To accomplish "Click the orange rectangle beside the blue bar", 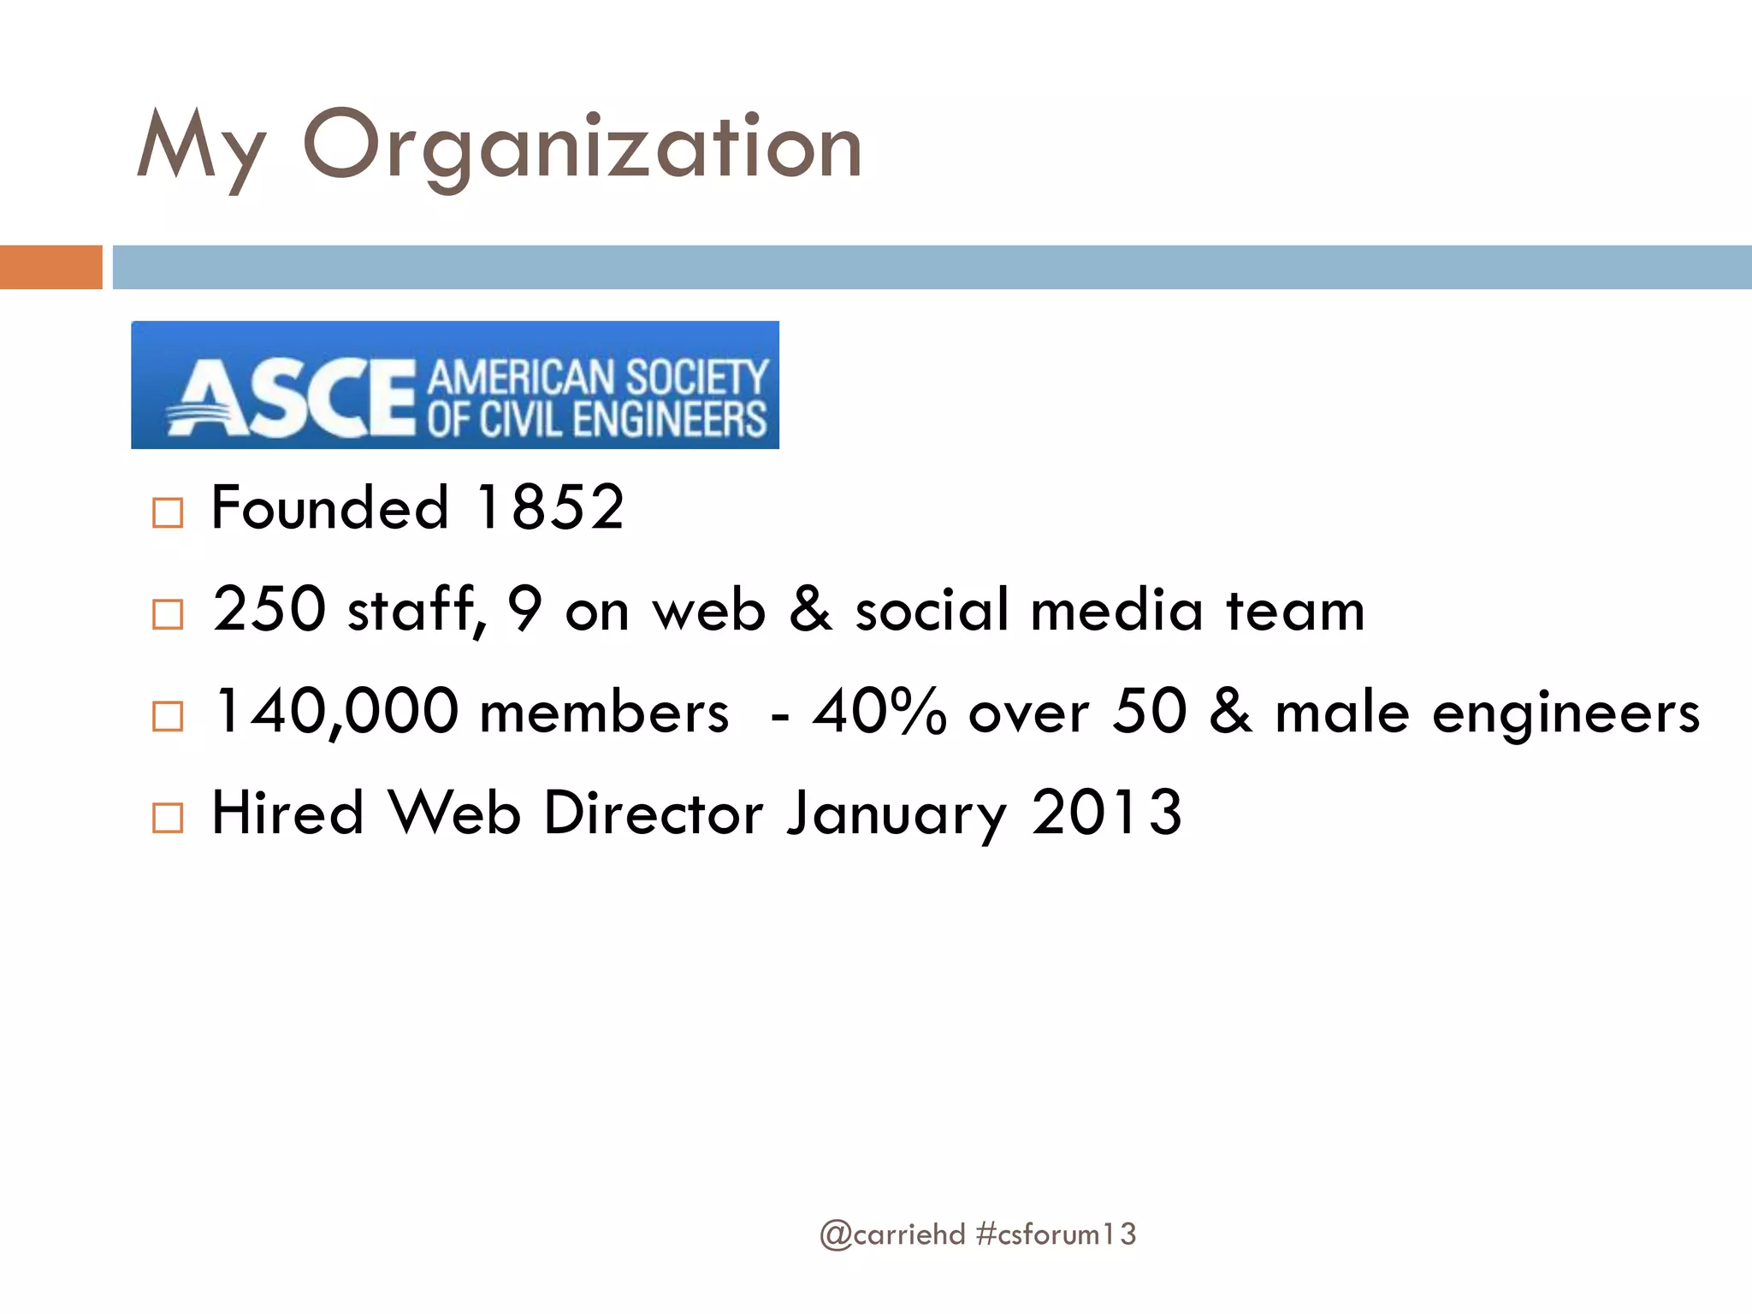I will [50, 267].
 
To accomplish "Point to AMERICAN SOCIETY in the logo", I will [597, 376].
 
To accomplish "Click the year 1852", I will [549, 507].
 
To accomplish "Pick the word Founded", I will [329, 507].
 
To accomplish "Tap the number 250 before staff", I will [269, 609].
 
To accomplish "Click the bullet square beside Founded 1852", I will [168, 512].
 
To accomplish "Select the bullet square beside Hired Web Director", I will [168, 818].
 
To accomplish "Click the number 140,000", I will [336, 712].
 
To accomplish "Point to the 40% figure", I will [879, 712].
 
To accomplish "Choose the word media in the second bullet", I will [1117, 611].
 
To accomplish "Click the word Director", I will [653, 813].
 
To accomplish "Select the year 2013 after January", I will [1107, 813].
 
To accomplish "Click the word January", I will [897, 814].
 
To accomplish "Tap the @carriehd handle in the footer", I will [891, 1234].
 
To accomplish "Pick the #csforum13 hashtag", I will [1056, 1234].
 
